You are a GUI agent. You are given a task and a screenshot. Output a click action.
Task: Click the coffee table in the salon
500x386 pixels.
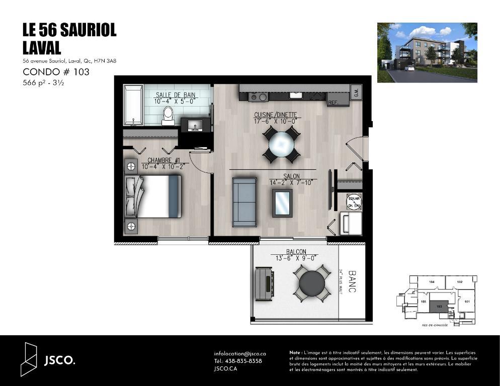pos(282,203)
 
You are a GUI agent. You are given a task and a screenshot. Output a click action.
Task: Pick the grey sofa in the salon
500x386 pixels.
pos(244,202)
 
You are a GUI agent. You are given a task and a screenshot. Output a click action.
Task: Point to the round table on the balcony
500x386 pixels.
pos(313,283)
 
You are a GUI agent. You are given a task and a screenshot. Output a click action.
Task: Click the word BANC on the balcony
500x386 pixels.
pos(352,282)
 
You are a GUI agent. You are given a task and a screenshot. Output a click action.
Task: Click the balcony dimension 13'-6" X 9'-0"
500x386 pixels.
pos(296,258)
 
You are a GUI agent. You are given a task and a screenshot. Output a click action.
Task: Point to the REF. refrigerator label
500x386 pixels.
pos(332,103)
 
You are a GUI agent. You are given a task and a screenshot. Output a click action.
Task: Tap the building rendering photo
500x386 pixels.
pos(427,52)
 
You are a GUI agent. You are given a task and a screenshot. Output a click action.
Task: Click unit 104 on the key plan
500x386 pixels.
pos(432,282)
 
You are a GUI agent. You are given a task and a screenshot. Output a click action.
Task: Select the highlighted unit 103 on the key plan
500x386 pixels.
pos(439,306)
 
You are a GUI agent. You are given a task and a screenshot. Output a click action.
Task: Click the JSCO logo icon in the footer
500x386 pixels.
pos(30,359)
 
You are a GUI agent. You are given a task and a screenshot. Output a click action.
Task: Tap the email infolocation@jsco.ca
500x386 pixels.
pos(240,354)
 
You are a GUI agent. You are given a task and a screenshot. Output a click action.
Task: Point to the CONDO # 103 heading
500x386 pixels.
pos(56,72)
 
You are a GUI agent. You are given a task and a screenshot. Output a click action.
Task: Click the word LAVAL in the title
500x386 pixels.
pos(42,48)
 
